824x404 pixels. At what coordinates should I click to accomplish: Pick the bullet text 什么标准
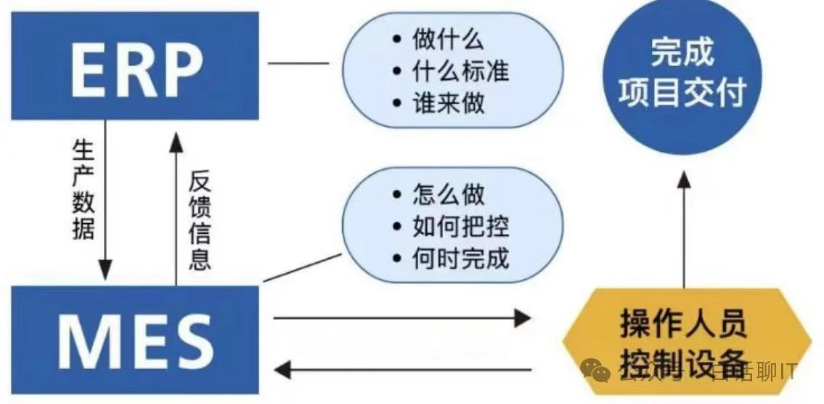(460, 71)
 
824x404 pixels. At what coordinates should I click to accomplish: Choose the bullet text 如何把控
(460, 227)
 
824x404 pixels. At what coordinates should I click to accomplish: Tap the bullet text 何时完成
(460, 258)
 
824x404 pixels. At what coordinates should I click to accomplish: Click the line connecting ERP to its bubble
(298, 63)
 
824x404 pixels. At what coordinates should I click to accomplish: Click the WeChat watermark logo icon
(600, 372)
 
